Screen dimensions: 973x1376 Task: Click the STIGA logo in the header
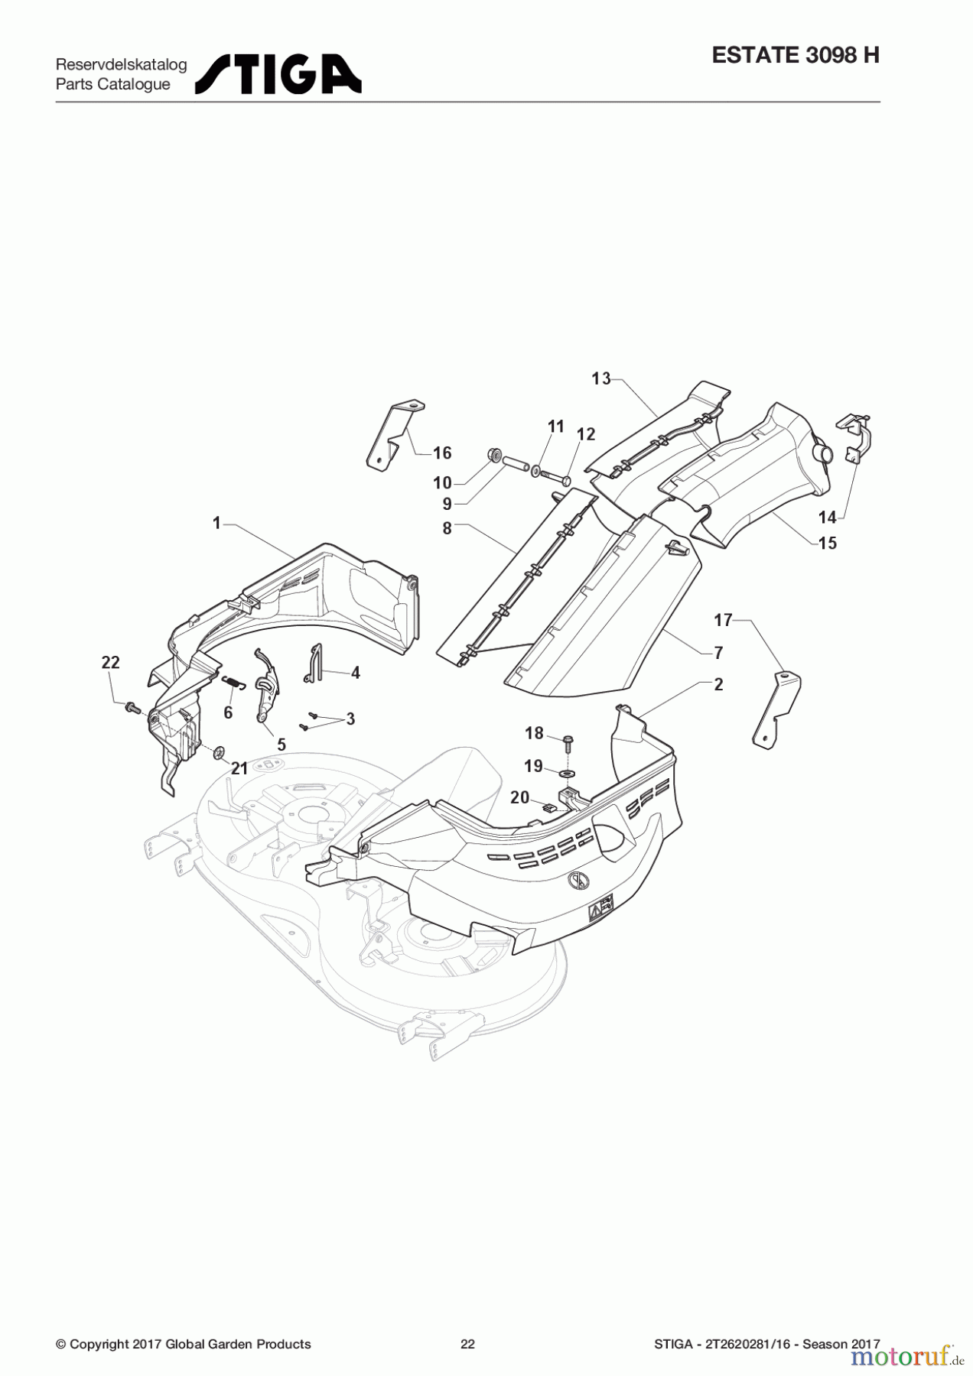[278, 73]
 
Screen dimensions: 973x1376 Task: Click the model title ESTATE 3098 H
[796, 55]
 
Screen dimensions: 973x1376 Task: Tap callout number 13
[601, 378]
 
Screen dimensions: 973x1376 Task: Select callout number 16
[442, 453]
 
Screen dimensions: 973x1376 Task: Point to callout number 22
[111, 662]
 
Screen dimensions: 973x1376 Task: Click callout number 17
[724, 620]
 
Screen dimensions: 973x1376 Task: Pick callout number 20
[519, 797]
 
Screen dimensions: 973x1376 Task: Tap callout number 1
[216, 523]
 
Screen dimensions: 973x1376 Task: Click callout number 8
[447, 528]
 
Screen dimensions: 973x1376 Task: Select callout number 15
[828, 543]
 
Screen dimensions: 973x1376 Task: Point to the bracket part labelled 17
[777, 709]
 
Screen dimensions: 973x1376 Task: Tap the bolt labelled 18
[568, 745]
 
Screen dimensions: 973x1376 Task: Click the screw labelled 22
[130, 708]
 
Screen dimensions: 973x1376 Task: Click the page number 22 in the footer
[467, 1344]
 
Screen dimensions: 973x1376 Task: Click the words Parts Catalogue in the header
[113, 84]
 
